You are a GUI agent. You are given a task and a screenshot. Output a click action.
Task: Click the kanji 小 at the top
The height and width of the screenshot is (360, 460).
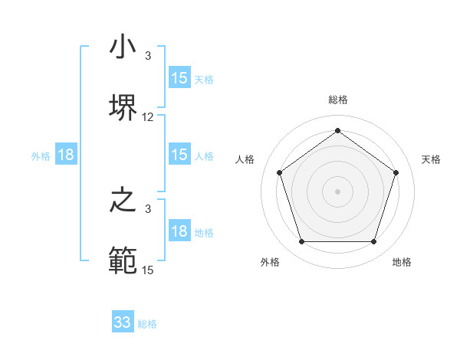[x=123, y=47]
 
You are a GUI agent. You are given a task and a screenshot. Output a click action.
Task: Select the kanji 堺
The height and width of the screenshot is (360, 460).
[x=123, y=106]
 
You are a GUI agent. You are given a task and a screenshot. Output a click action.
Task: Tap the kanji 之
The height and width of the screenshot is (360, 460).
[x=123, y=201]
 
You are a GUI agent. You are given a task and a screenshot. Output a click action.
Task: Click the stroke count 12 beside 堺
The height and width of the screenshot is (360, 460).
[x=148, y=117]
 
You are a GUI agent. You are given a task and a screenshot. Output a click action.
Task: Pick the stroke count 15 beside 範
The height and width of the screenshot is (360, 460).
[x=148, y=270]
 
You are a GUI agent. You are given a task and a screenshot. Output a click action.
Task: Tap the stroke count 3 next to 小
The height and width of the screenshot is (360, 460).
[x=148, y=56]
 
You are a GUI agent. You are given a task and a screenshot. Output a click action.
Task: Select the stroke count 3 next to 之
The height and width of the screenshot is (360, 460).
[x=148, y=208]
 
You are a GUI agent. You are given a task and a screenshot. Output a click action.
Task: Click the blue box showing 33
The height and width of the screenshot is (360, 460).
[x=123, y=322]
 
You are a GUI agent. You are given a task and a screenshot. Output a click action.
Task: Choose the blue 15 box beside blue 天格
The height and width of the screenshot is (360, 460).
[x=179, y=78]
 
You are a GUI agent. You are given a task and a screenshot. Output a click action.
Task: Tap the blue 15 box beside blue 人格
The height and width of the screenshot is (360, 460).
[x=179, y=155]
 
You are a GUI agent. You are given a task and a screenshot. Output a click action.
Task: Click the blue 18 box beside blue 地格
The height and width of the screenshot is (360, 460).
[x=179, y=231]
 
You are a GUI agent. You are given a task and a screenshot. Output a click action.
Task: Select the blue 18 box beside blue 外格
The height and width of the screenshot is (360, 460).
[x=66, y=155]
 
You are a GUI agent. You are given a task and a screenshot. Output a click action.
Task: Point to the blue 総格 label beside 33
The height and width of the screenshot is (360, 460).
[x=147, y=324]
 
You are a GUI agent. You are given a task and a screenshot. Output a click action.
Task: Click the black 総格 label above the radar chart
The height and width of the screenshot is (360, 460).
[x=337, y=100]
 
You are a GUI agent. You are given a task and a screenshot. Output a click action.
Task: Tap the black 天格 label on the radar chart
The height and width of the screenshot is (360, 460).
[x=431, y=159]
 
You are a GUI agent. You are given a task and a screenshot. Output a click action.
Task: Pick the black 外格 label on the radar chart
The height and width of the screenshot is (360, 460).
[x=270, y=262]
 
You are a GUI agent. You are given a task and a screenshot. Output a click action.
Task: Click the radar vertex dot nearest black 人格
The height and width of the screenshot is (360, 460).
[x=279, y=172]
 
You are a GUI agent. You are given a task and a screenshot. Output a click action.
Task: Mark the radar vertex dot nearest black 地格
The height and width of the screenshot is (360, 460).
[x=373, y=242]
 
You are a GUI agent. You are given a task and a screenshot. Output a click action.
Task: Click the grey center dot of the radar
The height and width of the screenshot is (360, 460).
[x=337, y=191]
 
